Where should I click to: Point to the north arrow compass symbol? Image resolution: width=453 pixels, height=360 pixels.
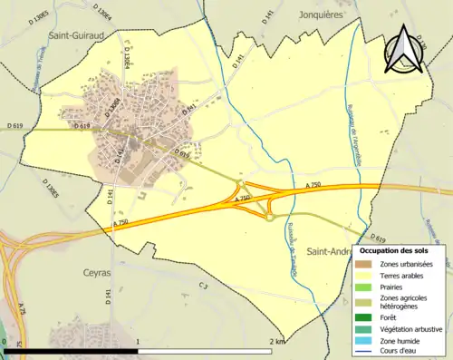click(x=405, y=51)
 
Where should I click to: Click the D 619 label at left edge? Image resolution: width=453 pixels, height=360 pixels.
click(x=13, y=125)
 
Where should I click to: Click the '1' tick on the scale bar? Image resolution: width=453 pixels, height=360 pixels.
click(x=138, y=341)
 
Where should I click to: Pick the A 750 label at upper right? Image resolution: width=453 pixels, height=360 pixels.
click(x=313, y=185)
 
